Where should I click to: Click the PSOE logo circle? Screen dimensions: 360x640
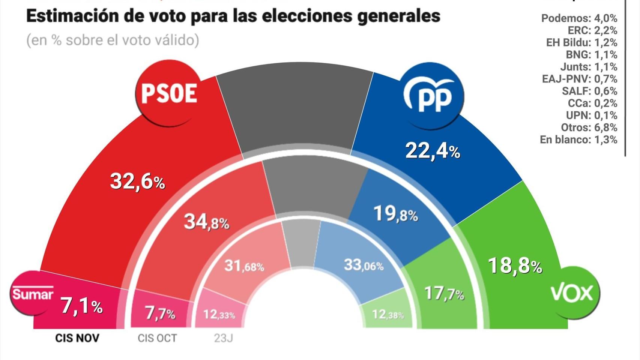tap(168, 93)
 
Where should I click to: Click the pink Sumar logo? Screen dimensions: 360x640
tap(32, 293)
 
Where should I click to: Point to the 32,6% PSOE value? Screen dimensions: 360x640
tap(137, 182)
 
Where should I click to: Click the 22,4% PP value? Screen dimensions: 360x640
tap(433, 151)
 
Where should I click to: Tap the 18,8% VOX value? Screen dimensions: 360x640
tap(515, 266)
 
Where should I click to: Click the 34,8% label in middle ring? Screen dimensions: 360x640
tap(206, 222)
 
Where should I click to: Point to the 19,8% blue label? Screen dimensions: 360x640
tap(396, 214)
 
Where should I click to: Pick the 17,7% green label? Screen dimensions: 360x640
tap(444, 294)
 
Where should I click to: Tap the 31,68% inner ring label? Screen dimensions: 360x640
tap(244, 266)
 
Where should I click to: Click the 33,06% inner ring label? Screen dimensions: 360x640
tap(364, 265)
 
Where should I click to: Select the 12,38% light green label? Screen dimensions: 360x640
tap(388, 314)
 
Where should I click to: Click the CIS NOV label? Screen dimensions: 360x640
tap(77, 338)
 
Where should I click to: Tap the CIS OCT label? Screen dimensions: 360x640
tap(157, 338)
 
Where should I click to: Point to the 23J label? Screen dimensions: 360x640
tap(223, 338)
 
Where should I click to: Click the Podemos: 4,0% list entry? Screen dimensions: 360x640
tap(579, 18)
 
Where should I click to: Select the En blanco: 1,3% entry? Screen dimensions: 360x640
tap(578, 140)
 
